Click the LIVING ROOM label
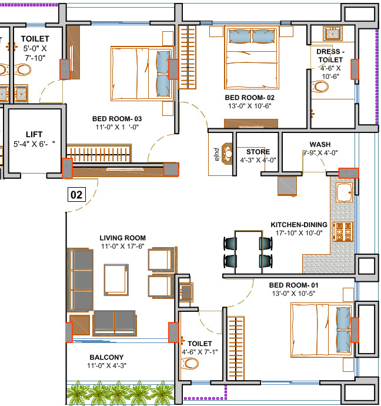(x=122, y=238)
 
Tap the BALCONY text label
(x=106, y=357)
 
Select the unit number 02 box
(x=77, y=194)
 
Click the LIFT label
(x=35, y=134)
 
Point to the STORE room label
(x=258, y=151)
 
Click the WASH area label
(x=320, y=145)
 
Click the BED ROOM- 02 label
(x=250, y=97)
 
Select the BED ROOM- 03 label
(x=117, y=118)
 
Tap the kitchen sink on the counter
(x=345, y=190)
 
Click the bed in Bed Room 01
(x=322, y=330)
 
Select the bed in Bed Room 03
(x=140, y=72)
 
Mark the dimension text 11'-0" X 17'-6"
(x=123, y=247)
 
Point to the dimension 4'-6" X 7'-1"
(x=199, y=352)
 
